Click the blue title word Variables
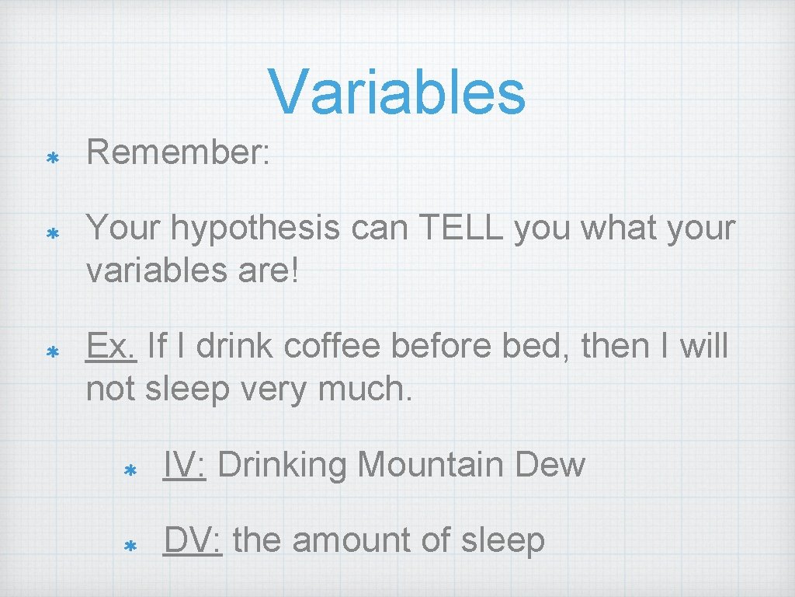click(397, 92)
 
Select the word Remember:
click(178, 153)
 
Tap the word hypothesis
click(255, 229)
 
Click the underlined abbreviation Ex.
click(112, 346)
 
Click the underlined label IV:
click(184, 465)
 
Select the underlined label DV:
click(193, 540)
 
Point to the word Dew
click(550, 465)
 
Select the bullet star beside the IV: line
click(130, 470)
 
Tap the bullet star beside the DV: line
click(130, 546)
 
